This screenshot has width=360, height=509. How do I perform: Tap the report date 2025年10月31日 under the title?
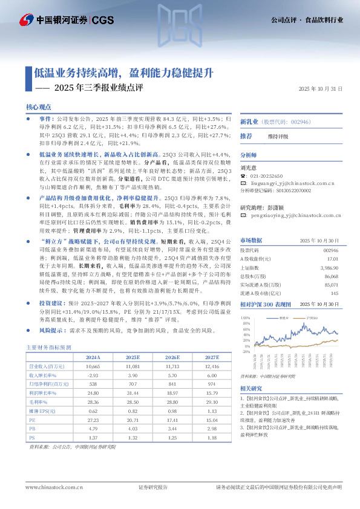321,89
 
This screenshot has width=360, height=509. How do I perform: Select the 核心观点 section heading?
39,106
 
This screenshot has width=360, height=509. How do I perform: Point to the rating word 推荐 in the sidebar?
246,136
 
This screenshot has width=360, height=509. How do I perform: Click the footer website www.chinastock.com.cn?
54,487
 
